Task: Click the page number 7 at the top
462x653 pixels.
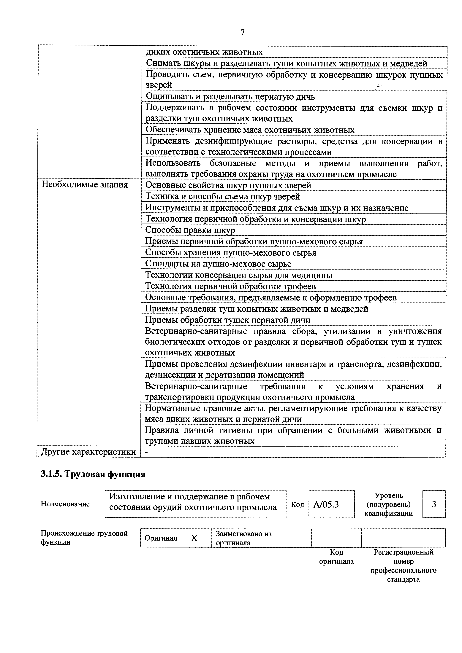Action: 243,32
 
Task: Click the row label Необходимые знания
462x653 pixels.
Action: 85,185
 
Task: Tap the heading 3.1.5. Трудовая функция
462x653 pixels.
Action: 93,474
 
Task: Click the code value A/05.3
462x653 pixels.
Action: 326,504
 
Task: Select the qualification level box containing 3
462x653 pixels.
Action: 434,504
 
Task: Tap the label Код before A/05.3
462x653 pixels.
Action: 297,504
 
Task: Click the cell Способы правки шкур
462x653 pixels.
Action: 190,230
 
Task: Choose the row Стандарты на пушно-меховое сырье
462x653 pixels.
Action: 218,264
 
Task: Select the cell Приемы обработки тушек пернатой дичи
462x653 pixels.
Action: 228,320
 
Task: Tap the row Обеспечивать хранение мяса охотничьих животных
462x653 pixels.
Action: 250,130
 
